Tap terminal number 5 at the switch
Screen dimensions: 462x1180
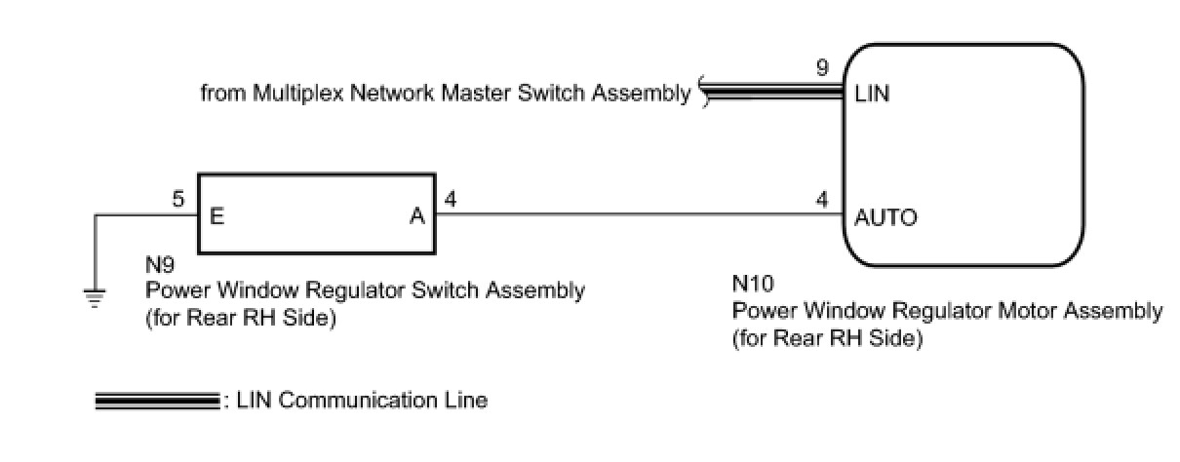click(177, 201)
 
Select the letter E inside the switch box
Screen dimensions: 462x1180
click(216, 217)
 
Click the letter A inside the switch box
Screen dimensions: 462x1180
click(416, 217)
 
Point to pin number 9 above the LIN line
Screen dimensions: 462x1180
click(824, 69)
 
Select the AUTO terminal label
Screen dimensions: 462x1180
click(885, 217)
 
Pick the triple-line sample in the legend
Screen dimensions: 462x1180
click(156, 401)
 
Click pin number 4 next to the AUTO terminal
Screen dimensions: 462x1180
click(824, 201)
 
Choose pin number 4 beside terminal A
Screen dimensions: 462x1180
click(450, 201)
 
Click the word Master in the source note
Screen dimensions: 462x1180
click(478, 95)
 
